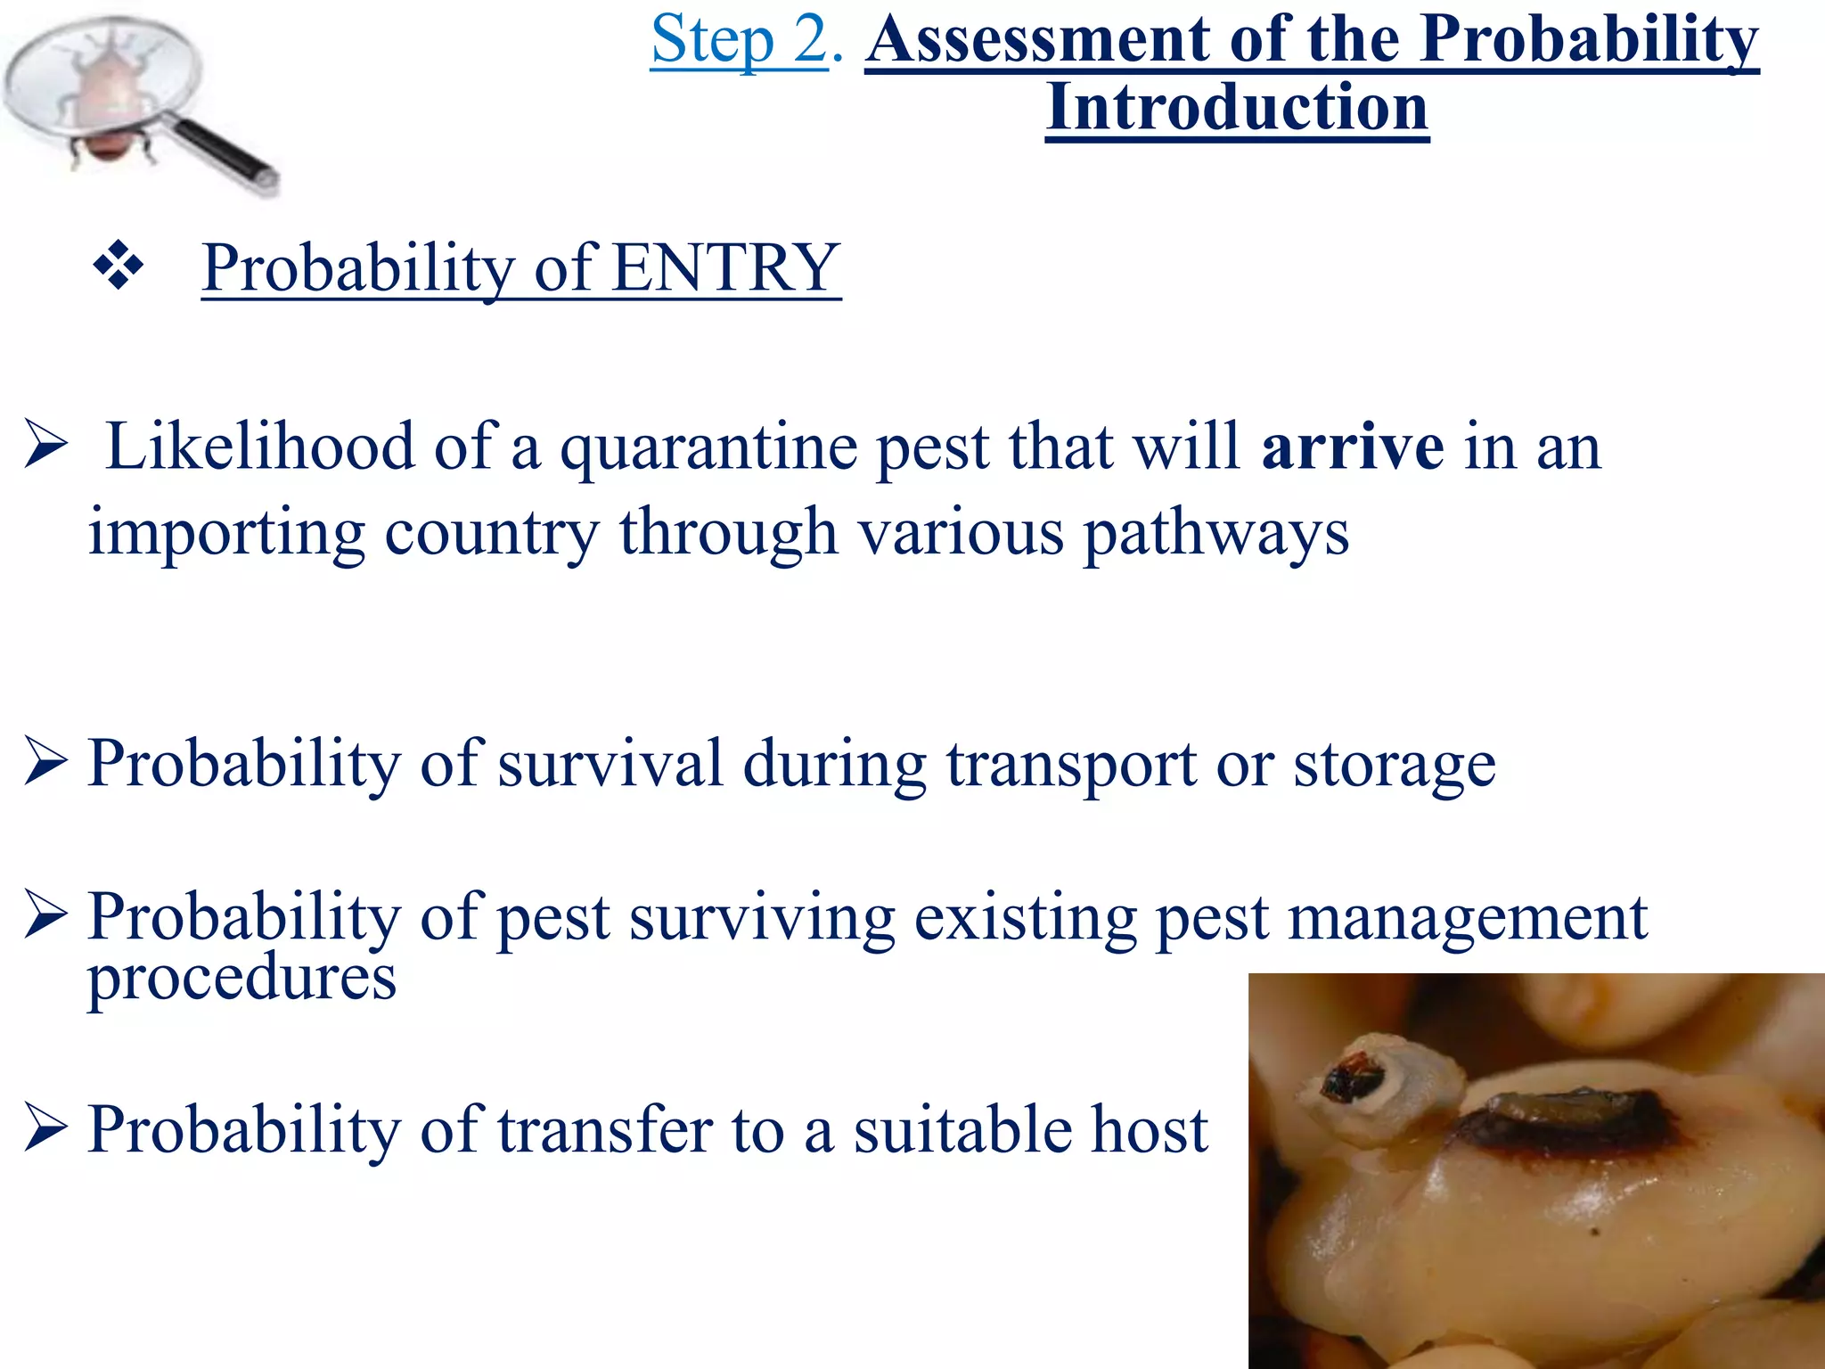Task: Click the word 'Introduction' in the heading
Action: point(1237,108)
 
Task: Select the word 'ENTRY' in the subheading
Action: point(725,268)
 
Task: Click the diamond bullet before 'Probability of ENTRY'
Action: point(118,266)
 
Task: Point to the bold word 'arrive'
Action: point(1352,447)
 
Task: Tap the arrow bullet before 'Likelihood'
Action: point(45,446)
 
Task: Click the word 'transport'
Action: point(1071,765)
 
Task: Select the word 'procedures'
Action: point(241,979)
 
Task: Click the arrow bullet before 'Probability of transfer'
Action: point(45,1127)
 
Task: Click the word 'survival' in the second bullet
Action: point(610,765)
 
